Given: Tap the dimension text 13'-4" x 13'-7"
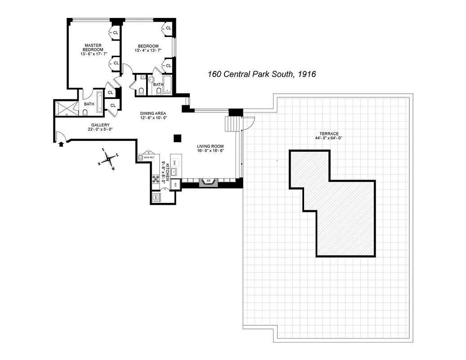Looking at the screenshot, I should tap(148, 51).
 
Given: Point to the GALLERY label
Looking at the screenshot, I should tap(100, 125).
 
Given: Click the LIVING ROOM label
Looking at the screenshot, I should tap(210, 146).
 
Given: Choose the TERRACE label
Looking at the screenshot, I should tap(329, 134).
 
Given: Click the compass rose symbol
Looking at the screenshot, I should tap(108, 159).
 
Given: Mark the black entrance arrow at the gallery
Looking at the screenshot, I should tap(62, 144).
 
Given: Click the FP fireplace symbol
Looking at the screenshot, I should tap(208, 182).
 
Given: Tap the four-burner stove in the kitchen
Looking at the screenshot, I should tap(156, 180).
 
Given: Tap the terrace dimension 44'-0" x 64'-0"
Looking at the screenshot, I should tap(329, 138).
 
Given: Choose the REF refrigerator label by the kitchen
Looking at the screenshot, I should tap(175, 184).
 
